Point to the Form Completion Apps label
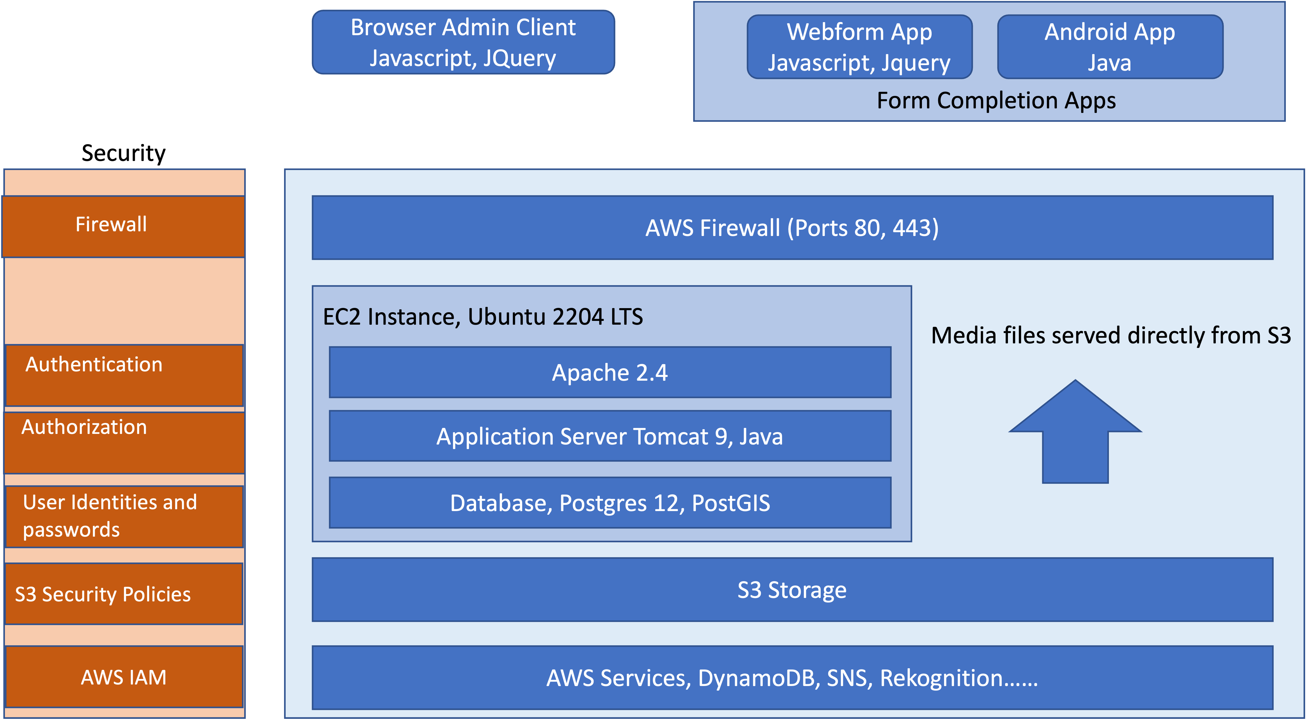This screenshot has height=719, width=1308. click(996, 101)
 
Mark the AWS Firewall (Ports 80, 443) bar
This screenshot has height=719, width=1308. click(792, 228)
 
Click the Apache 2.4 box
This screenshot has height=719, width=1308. click(610, 373)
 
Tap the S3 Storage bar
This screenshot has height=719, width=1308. click(792, 590)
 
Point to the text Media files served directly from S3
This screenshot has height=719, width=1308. click(1110, 336)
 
